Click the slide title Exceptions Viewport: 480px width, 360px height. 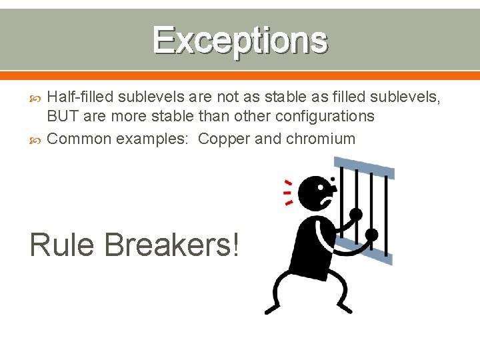(240, 40)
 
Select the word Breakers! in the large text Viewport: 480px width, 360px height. (172, 245)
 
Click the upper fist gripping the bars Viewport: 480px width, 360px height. (356, 215)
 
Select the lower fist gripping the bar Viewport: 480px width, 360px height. (371, 235)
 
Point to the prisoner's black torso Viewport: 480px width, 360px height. (312, 247)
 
